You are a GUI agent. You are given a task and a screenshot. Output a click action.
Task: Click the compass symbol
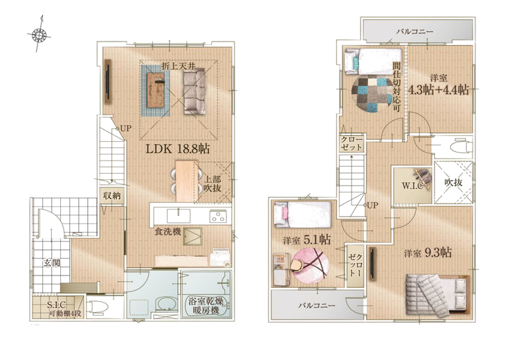pyautogui.click(x=39, y=35)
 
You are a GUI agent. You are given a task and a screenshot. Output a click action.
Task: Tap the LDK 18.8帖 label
pyautogui.click(x=177, y=149)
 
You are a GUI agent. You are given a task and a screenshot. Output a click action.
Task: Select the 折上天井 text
pyautogui.click(x=179, y=66)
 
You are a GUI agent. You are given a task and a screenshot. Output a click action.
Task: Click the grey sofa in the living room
pyautogui.click(x=194, y=91)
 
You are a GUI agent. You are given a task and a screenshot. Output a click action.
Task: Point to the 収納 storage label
pyautogui.click(x=112, y=196)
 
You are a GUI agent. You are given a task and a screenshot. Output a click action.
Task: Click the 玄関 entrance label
pyautogui.click(x=52, y=262)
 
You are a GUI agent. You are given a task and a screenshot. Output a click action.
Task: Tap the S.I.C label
pyautogui.click(x=56, y=305)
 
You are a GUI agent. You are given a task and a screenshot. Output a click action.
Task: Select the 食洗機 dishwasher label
pyautogui.click(x=168, y=232)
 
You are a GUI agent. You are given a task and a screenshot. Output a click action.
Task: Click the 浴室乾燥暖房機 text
pyautogui.click(x=205, y=306)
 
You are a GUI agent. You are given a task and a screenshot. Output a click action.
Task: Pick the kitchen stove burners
pyautogui.click(x=218, y=216)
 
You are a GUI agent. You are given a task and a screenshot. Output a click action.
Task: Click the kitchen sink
pyautogui.click(x=179, y=216)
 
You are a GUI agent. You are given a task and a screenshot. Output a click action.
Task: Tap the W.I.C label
pyautogui.click(x=412, y=186)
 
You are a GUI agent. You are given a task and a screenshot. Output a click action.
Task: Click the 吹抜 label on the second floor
pyautogui.click(x=453, y=182)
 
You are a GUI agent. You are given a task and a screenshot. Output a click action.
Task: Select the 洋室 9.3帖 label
pyautogui.click(x=428, y=253)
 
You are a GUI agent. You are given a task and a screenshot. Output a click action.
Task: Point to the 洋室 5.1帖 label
pyautogui.click(x=307, y=240)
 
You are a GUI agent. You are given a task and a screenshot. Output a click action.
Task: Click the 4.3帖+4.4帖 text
pyautogui.click(x=439, y=89)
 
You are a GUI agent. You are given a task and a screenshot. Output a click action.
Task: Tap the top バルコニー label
pyautogui.click(x=414, y=32)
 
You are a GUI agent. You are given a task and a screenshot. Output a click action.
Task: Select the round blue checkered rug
pyautogui.click(x=372, y=93)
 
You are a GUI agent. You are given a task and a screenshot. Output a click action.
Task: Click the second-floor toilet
pyautogui.click(x=460, y=147)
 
